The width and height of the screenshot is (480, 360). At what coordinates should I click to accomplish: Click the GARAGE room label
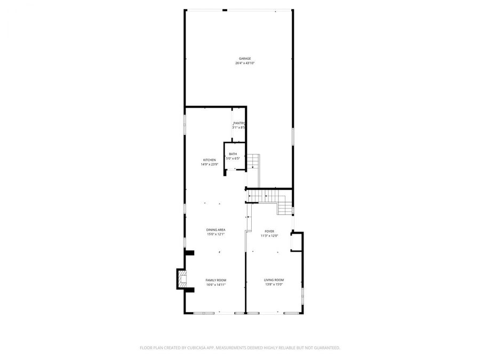[x=245, y=59]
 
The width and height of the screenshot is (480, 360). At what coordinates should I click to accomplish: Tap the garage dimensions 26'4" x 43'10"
[x=245, y=63]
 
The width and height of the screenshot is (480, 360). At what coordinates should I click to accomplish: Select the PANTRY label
[x=238, y=123]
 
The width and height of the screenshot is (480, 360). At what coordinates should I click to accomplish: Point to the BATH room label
[x=233, y=154]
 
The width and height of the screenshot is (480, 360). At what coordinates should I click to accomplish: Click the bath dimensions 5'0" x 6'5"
[x=233, y=158]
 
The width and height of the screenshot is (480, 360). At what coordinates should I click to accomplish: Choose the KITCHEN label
[x=209, y=160]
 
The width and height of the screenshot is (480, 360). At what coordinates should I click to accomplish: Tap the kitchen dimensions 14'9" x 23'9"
[x=209, y=164]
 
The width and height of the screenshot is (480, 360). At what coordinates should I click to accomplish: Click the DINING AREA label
[x=216, y=230]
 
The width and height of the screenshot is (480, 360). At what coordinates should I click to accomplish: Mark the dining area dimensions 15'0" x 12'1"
[x=216, y=234]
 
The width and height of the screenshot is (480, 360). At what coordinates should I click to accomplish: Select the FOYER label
[x=269, y=231]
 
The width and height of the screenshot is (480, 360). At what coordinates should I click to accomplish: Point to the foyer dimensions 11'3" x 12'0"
[x=269, y=236]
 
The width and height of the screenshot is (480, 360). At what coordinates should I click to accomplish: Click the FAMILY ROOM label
[x=216, y=280]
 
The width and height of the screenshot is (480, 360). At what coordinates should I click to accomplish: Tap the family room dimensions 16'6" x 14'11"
[x=216, y=285]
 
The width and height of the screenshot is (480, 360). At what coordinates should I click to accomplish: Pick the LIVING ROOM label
[x=274, y=280]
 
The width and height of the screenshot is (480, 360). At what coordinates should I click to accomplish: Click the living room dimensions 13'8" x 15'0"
[x=274, y=285]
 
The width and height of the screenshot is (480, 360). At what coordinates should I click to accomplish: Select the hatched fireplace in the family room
[x=183, y=279]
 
